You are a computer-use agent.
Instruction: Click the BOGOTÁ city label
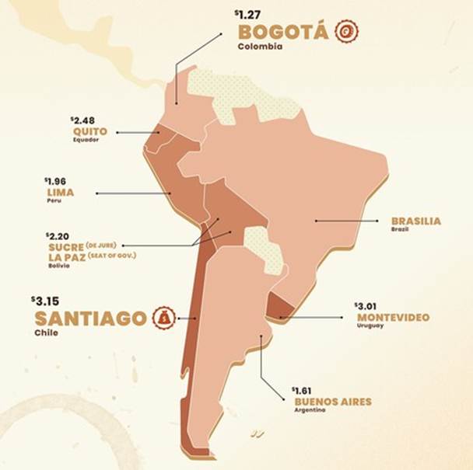pyautogui.click(x=284, y=33)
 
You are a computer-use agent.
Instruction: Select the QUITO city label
pyautogui.click(x=89, y=132)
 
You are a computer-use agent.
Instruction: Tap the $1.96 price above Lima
pyautogui.click(x=57, y=181)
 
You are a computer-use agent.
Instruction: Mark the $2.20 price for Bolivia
pyautogui.click(x=58, y=235)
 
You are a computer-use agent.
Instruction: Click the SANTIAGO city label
pyautogui.click(x=90, y=319)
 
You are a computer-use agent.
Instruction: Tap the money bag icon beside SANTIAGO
pyautogui.click(x=165, y=318)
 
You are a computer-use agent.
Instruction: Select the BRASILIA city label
pyautogui.click(x=416, y=221)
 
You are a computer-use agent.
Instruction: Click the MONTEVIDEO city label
pyautogui.click(x=393, y=317)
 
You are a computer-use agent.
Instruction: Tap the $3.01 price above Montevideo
pyautogui.click(x=366, y=306)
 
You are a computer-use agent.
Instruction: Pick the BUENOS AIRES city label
pyautogui.click(x=332, y=402)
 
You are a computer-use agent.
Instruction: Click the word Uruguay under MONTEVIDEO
pyautogui.click(x=368, y=326)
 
